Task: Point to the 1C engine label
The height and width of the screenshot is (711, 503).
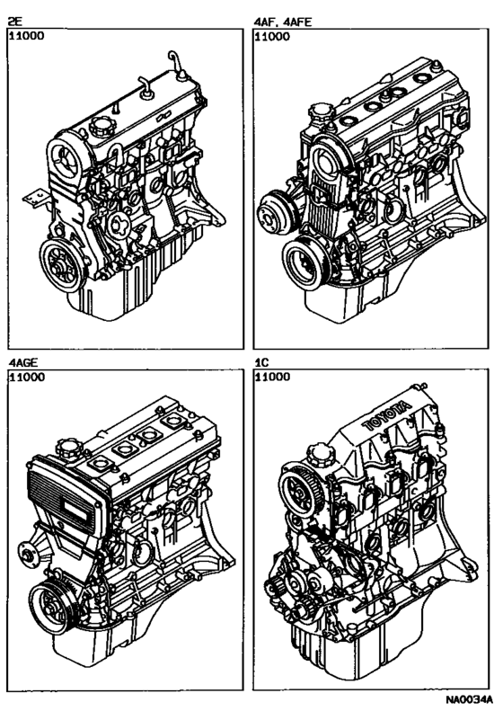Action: (x=263, y=362)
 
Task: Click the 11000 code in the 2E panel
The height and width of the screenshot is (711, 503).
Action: (x=25, y=37)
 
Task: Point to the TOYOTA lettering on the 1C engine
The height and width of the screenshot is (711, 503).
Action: (x=386, y=418)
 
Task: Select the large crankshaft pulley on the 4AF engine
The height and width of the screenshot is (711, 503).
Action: (x=301, y=262)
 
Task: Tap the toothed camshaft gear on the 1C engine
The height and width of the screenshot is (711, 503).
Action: (x=298, y=493)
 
